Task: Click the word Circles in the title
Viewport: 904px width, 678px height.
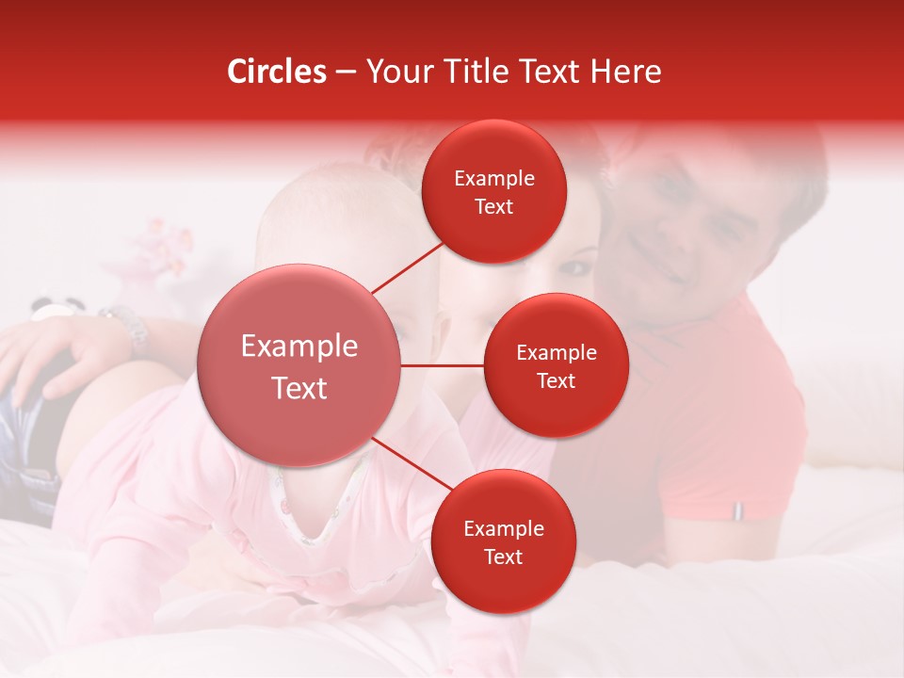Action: [277, 72]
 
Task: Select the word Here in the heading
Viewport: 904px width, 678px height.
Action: [625, 72]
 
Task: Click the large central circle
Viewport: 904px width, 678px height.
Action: [299, 366]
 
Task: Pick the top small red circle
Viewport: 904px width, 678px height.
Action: [494, 191]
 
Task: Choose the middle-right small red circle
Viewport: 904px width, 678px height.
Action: [556, 365]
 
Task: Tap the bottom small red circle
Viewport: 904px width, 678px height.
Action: [503, 541]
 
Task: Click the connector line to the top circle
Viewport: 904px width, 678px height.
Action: [407, 266]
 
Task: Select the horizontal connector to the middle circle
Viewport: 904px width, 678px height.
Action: [443, 365]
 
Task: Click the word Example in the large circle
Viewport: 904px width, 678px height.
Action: [299, 347]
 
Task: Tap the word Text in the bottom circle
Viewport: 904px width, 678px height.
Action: [503, 557]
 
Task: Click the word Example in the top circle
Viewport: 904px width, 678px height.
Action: [494, 179]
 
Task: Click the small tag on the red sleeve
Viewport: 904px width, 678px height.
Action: [738, 510]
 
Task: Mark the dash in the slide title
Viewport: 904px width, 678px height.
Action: [346, 73]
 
